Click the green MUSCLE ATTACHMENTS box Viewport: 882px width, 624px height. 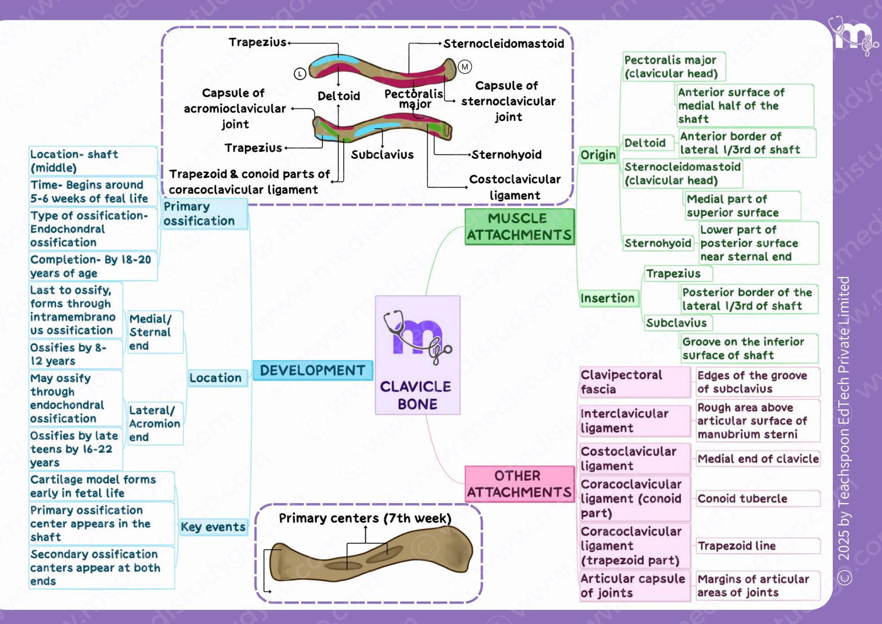[x=519, y=227]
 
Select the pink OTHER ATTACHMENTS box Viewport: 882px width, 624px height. [x=519, y=484]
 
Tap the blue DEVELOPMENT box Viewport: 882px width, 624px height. [x=312, y=371]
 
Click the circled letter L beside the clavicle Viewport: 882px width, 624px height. [x=300, y=73]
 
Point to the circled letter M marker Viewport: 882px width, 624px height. [x=465, y=67]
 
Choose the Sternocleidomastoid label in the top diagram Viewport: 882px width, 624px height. [x=503, y=43]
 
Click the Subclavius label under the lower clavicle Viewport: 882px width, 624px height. [x=382, y=154]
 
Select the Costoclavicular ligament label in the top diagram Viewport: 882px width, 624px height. [x=515, y=187]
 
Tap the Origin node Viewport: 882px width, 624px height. [x=598, y=155]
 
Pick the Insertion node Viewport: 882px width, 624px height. [x=607, y=298]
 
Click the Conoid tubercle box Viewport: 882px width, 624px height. [x=758, y=499]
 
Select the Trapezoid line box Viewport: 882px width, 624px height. [x=758, y=546]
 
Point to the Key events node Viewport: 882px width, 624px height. [x=213, y=527]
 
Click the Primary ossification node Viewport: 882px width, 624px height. [x=205, y=214]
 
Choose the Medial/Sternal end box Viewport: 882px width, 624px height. [x=155, y=332]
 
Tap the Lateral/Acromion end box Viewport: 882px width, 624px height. [x=155, y=424]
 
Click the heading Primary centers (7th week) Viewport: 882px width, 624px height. [x=365, y=518]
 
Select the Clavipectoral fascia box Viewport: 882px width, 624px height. [x=635, y=382]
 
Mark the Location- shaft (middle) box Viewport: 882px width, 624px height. [x=93, y=161]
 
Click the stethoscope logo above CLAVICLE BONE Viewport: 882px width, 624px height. [x=418, y=337]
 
